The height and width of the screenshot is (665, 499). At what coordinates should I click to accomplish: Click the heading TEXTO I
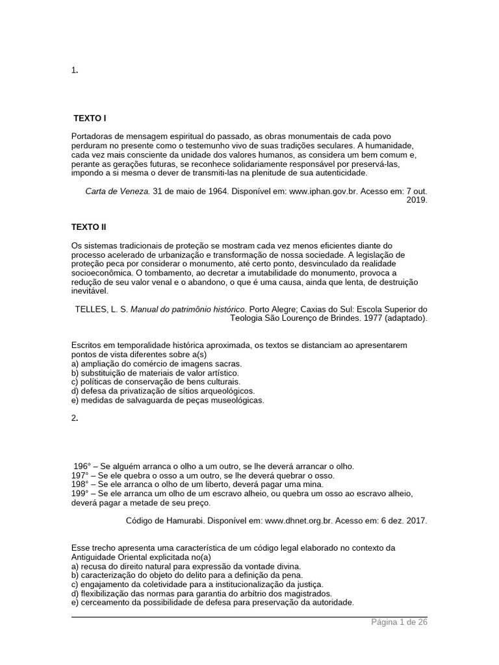[90, 118]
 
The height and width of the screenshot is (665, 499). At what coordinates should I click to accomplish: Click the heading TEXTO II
[88, 227]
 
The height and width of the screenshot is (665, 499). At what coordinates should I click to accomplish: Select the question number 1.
[74, 71]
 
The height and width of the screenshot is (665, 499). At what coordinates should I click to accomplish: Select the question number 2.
[74, 418]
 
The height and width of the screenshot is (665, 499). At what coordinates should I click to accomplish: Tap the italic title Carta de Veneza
[118, 192]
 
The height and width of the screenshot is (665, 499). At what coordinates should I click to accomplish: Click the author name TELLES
[92, 309]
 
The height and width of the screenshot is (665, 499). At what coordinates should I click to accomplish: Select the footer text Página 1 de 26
[399, 622]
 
